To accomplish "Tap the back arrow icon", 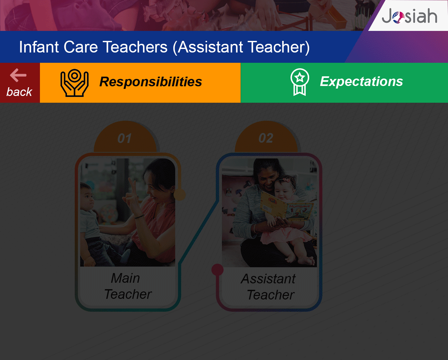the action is click(18, 75).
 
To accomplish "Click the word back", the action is click(19, 92).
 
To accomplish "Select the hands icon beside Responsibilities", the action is click(74, 83).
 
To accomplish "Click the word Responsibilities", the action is click(151, 81).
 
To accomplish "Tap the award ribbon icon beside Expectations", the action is click(300, 82).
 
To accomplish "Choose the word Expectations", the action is click(361, 81).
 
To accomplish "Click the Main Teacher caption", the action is click(128, 286).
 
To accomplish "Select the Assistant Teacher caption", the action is click(269, 287).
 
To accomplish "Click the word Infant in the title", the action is click(39, 47).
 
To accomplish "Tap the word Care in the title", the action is click(81, 47).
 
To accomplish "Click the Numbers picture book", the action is click(287, 206).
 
